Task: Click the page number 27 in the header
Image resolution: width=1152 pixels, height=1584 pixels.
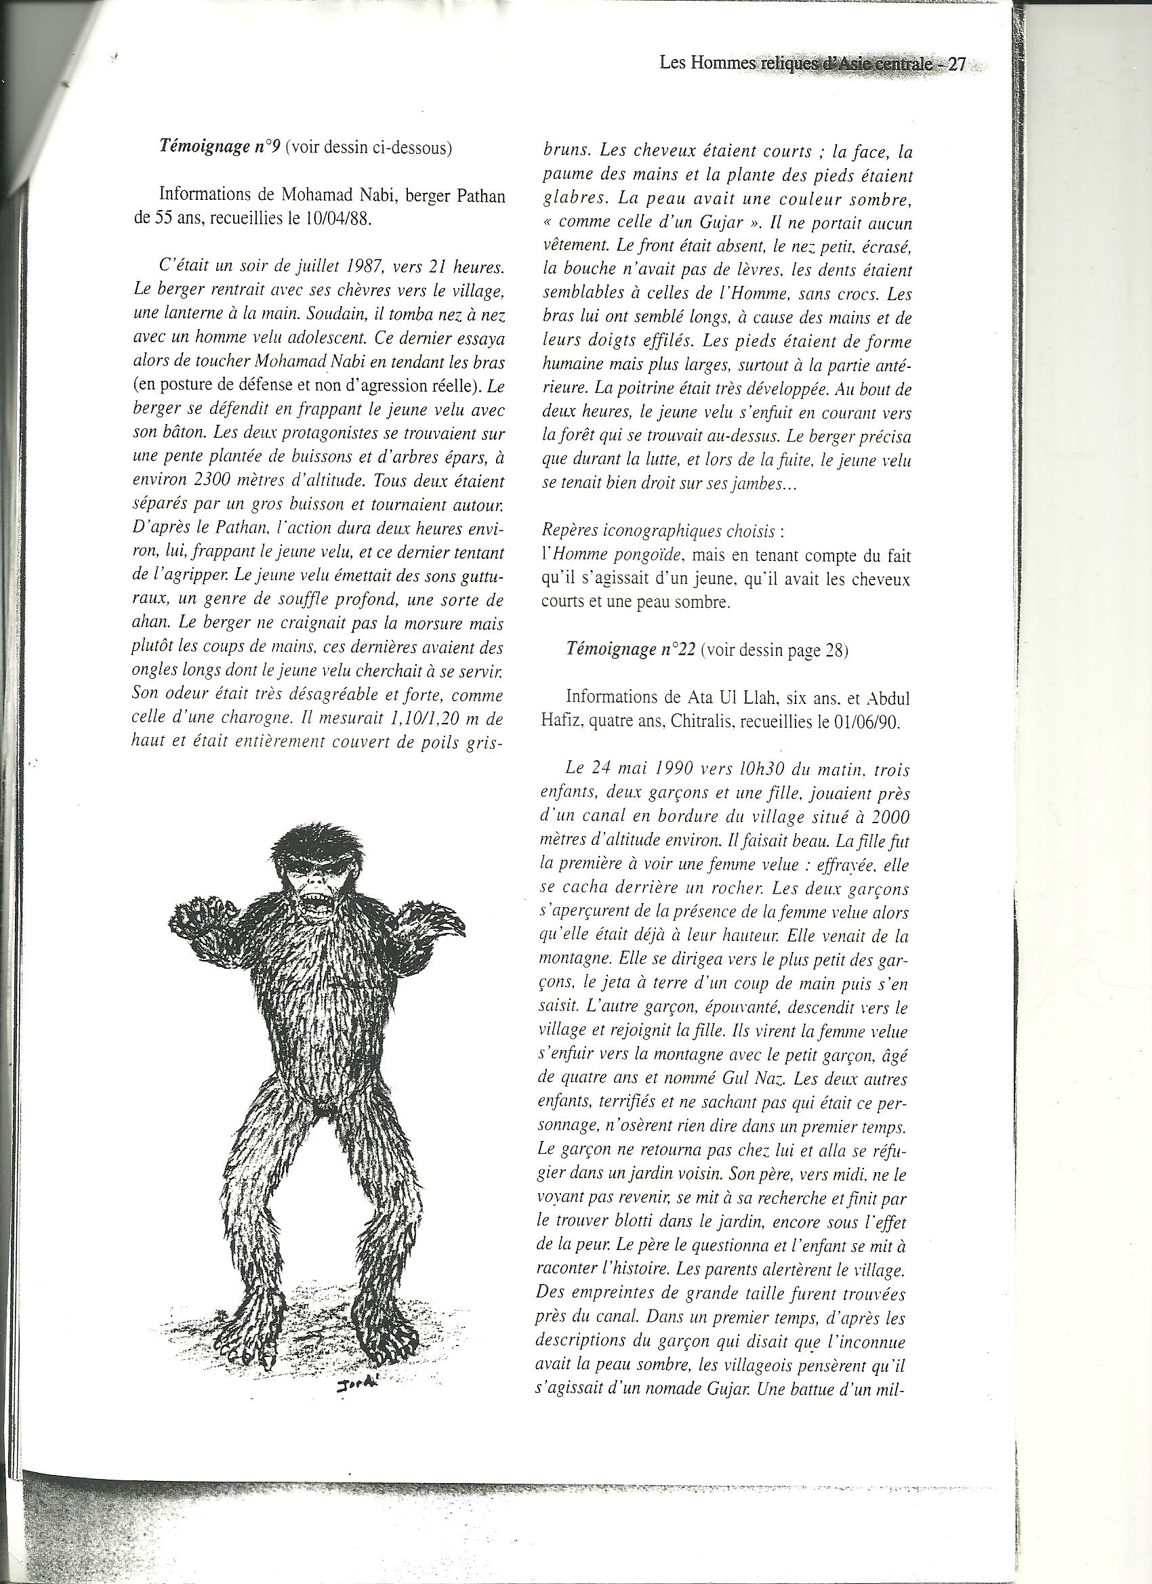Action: click(955, 64)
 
